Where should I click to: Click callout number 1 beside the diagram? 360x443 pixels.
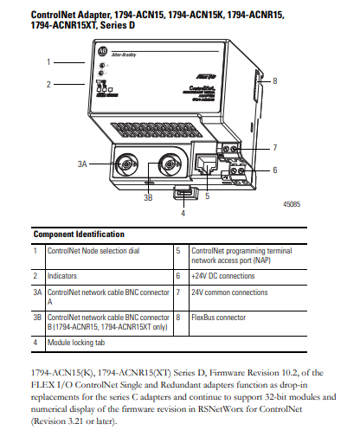(48, 61)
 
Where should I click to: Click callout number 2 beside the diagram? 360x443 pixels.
(48, 84)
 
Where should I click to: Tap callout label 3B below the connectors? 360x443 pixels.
(148, 197)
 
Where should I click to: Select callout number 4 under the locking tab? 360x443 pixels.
(183, 212)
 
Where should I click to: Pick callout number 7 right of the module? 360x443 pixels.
(274, 147)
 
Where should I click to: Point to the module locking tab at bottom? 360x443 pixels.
(183, 192)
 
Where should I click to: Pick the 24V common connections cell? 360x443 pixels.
(229, 292)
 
